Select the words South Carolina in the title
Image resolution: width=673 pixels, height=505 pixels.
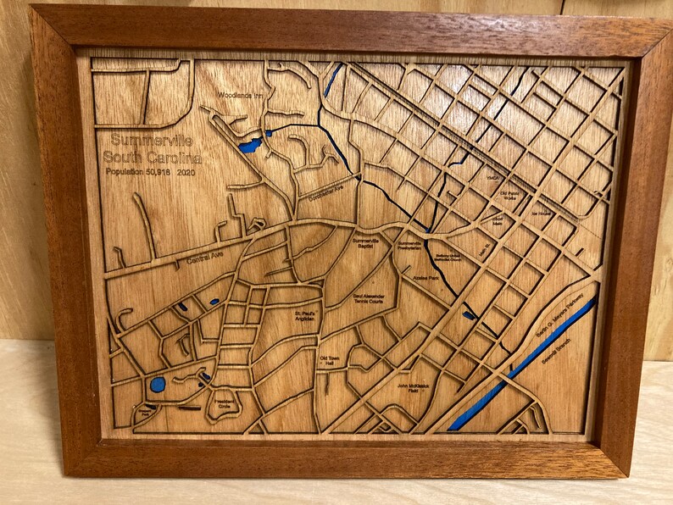coord(153,158)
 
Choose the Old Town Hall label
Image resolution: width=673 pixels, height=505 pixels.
coord(333,359)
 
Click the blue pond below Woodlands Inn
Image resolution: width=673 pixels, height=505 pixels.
coord(249,146)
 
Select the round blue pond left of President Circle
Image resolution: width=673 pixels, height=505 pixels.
coord(158,384)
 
